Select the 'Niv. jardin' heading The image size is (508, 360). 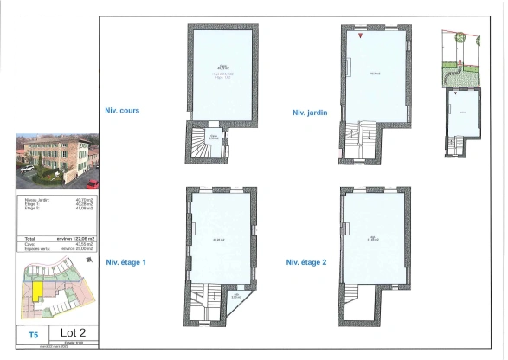click(x=311, y=112)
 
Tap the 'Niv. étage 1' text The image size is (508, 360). click(x=126, y=261)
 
